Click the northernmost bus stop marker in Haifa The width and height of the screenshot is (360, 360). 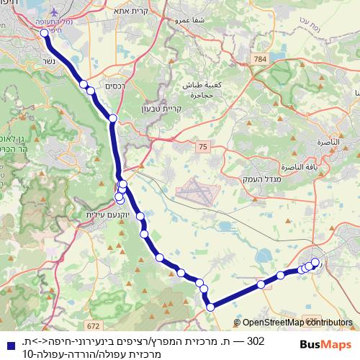click(x=45, y=32)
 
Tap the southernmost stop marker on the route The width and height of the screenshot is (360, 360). click(x=210, y=307)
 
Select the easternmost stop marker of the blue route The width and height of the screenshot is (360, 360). click(x=315, y=261)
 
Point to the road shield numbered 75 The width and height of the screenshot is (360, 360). click(x=204, y=147)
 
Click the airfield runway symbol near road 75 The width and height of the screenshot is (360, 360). click(x=194, y=192)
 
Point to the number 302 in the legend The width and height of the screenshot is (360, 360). click(x=256, y=340)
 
